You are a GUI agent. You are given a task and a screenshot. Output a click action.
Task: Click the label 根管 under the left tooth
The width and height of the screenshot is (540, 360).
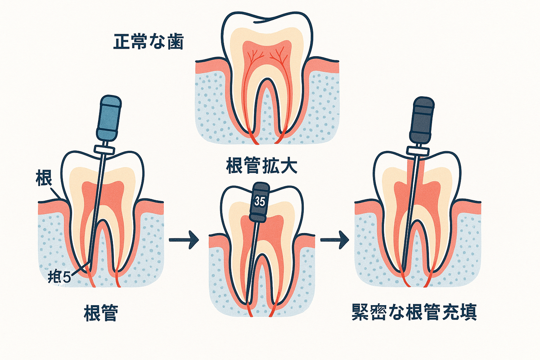100,312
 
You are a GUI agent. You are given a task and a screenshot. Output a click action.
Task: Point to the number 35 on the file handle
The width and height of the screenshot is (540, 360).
260,201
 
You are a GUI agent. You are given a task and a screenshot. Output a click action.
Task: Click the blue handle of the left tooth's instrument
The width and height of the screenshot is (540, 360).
108,118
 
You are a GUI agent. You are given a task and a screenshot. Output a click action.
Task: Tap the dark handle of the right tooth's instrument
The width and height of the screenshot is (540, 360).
423,120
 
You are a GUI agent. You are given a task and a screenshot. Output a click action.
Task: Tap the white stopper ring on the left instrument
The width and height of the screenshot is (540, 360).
104,148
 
